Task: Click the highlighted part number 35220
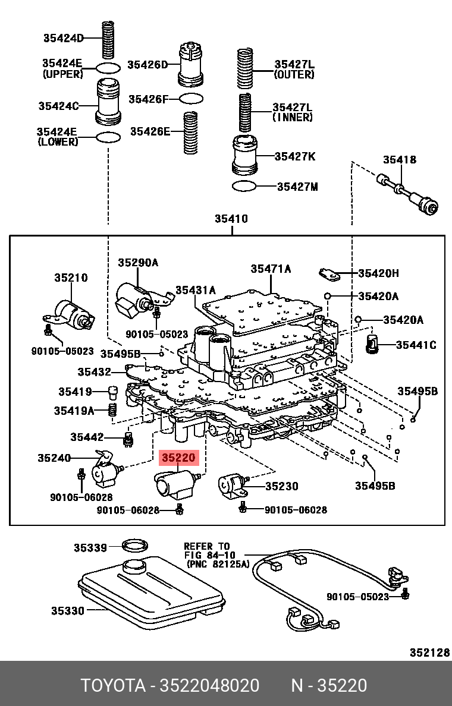[179, 458]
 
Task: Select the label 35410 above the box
[231, 219]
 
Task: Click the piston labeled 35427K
[244, 156]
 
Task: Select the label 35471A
[271, 269]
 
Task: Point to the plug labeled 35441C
[373, 345]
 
